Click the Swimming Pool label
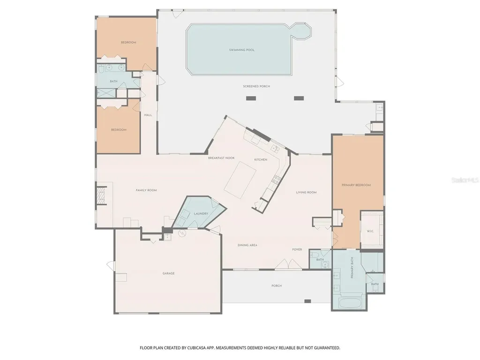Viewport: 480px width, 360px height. (x=241, y=50)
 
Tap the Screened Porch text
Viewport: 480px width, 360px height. (x=256, y=86)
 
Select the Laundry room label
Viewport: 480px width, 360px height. (x=201, y=214)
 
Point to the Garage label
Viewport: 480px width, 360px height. (x=168, y=273)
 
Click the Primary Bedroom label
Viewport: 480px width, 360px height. (x=356, y=185)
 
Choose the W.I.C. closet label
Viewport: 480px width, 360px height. (x=370, y=231)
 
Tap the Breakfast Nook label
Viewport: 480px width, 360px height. (x=221, y=158)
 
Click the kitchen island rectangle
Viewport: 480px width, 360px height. (x=240, y=180)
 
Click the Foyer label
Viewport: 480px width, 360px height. (x=297, y=249)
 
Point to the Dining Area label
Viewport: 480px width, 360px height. (x=247, y=245)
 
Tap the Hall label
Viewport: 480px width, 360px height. (x=148, y=115)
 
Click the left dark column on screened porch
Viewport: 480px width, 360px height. (x=251, y=98)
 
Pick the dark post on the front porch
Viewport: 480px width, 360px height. (x=307, y=301)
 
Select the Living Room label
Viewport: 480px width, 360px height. (x=306, y=193)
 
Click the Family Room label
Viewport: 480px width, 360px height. (x=146, y=190)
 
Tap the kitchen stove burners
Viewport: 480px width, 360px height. (x=276, y=180)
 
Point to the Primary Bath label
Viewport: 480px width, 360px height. (x=352, y=268)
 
